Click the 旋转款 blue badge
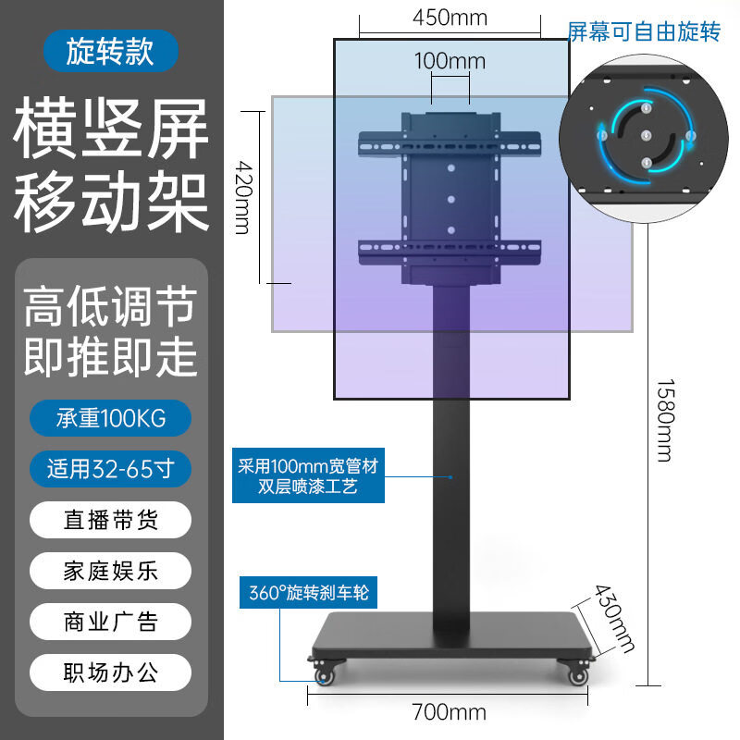click(x=110, y=51)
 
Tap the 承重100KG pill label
click(x=110, y=418)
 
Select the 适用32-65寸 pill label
click(x=110, y=469)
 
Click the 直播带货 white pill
click(x=110, y=520)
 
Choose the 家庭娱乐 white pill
click(x=110, y=571)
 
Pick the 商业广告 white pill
click(x=110, y=622)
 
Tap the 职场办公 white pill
click(x=110, y=672)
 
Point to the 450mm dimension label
click(x=450, y=18)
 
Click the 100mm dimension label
click(x=450, y=61)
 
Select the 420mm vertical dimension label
click(x=244, y=197)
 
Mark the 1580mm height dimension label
click(x=666, y=420)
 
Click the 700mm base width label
click(x=449, y=711)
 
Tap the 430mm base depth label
click(x=613, y=618)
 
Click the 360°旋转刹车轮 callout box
click(x=308, y=592)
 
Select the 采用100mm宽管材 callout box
click(x=308, y=475)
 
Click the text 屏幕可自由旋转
click(x=644, y=32)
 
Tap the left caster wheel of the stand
click(x=324, y=676)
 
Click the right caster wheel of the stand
click(x=578, y=676)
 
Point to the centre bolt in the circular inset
click(x=647, y=136)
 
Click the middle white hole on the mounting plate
click(x=451, y=200)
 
